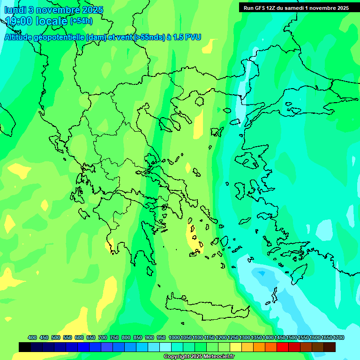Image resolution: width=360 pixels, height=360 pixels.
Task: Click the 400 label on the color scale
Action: coord(32,337)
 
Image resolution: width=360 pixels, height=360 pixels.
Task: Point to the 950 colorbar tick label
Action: coord(161,337)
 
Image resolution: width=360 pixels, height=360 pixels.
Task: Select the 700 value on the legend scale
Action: coord(103,337)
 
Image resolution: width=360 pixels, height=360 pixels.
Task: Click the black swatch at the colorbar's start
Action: coord(25,347)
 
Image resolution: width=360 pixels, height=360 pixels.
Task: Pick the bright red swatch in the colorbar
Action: coord(283,347)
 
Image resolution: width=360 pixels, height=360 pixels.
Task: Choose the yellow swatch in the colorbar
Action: coord(236,347)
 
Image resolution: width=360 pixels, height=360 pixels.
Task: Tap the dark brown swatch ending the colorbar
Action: coord(330,347)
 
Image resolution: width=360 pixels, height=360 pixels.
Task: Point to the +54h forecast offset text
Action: coord(81,21)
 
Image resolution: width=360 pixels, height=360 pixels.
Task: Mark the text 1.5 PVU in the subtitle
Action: coord(187,37)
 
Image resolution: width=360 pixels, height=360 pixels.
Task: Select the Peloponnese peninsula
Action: coord(136,234)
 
